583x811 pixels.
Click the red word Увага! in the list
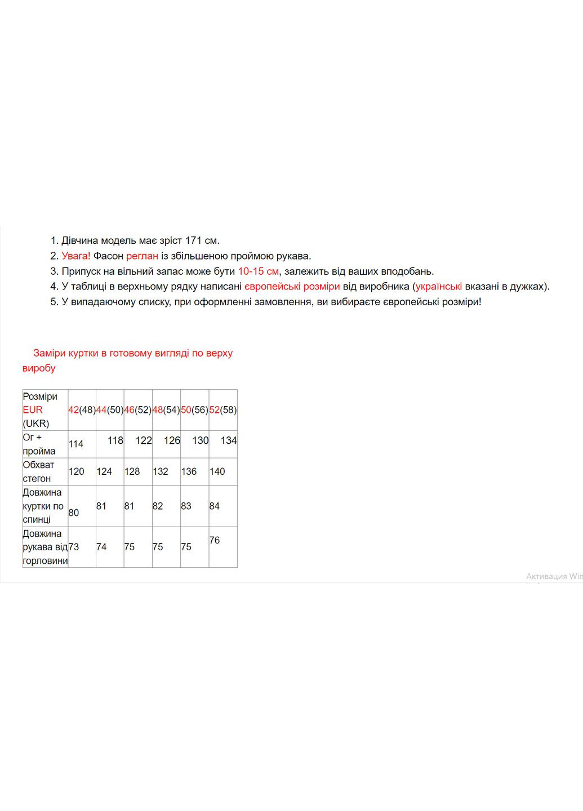[76, 256]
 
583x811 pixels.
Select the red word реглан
[142, 256]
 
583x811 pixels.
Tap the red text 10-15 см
[258, 271]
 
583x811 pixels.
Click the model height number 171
[193, 241]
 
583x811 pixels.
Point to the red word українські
[439, 287]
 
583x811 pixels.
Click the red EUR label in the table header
[33, 410]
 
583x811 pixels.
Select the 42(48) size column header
[82, 410]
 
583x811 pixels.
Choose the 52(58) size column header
[223, 410]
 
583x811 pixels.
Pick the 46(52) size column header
[138, 410]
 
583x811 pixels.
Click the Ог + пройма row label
[39, 444]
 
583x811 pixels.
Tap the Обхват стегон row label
[38, 472]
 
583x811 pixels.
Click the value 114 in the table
[76, 444]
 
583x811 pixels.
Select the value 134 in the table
[229, 440]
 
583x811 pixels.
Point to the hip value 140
[217, 472]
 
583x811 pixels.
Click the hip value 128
[132, 472]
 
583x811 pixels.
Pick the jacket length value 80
[74, 513]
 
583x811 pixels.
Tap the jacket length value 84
[214, 506]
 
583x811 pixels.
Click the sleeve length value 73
[74, 547]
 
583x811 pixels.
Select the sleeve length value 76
[214, 541]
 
